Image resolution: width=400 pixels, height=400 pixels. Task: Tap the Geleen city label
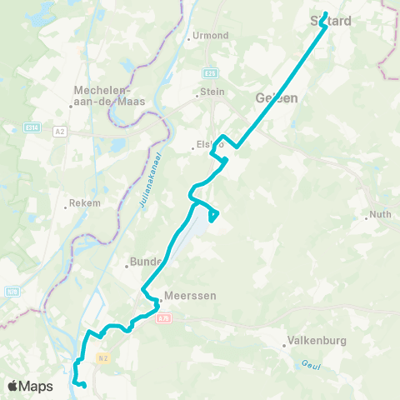[276, 97]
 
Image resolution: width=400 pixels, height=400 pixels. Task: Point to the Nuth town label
[380, 214]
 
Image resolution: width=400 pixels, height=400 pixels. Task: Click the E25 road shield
[212, 72]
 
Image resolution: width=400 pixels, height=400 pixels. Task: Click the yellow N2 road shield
[102, 357]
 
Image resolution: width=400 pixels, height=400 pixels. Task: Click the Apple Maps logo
[29, 386]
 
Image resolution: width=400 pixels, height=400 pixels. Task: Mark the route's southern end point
[85, 385]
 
